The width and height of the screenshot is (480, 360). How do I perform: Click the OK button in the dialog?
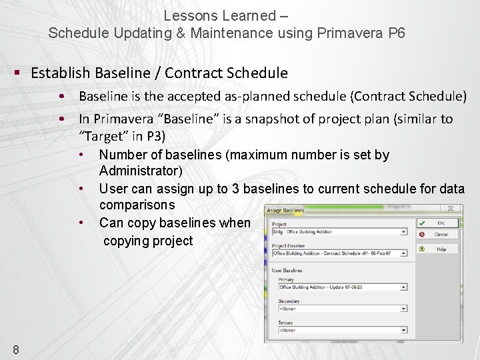coord(437,223)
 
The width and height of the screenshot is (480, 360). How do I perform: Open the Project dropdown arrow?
coord(403,232)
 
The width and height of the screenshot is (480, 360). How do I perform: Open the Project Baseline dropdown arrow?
coord(403,253)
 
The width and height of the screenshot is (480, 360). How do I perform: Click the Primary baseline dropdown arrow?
coord(403,287)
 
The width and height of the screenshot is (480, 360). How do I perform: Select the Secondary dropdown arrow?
coord(403,309)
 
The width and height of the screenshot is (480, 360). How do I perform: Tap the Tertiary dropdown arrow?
coord(403,330)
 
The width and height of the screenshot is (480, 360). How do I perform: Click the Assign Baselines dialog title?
coord(285,211)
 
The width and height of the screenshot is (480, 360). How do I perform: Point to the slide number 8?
coord(16,349)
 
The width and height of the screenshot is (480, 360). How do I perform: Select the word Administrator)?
coord(141,171)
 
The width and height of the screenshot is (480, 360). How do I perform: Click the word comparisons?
coord(137,205)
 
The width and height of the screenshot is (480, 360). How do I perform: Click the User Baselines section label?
coord(287,271)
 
